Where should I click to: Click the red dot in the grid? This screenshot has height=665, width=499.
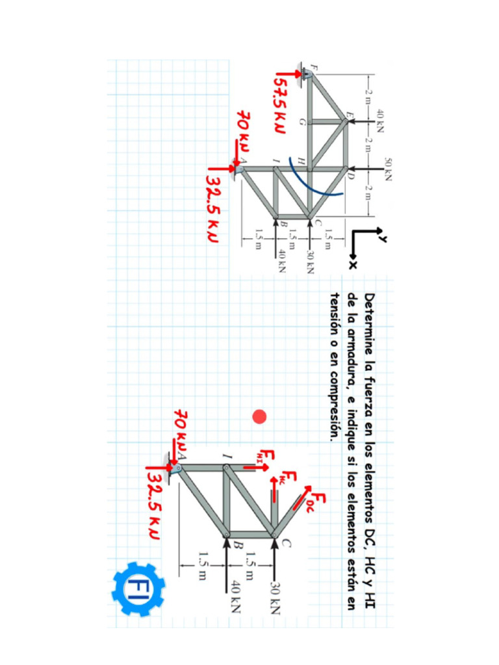[260, 416]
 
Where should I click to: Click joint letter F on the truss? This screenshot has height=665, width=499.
[314, 67]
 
